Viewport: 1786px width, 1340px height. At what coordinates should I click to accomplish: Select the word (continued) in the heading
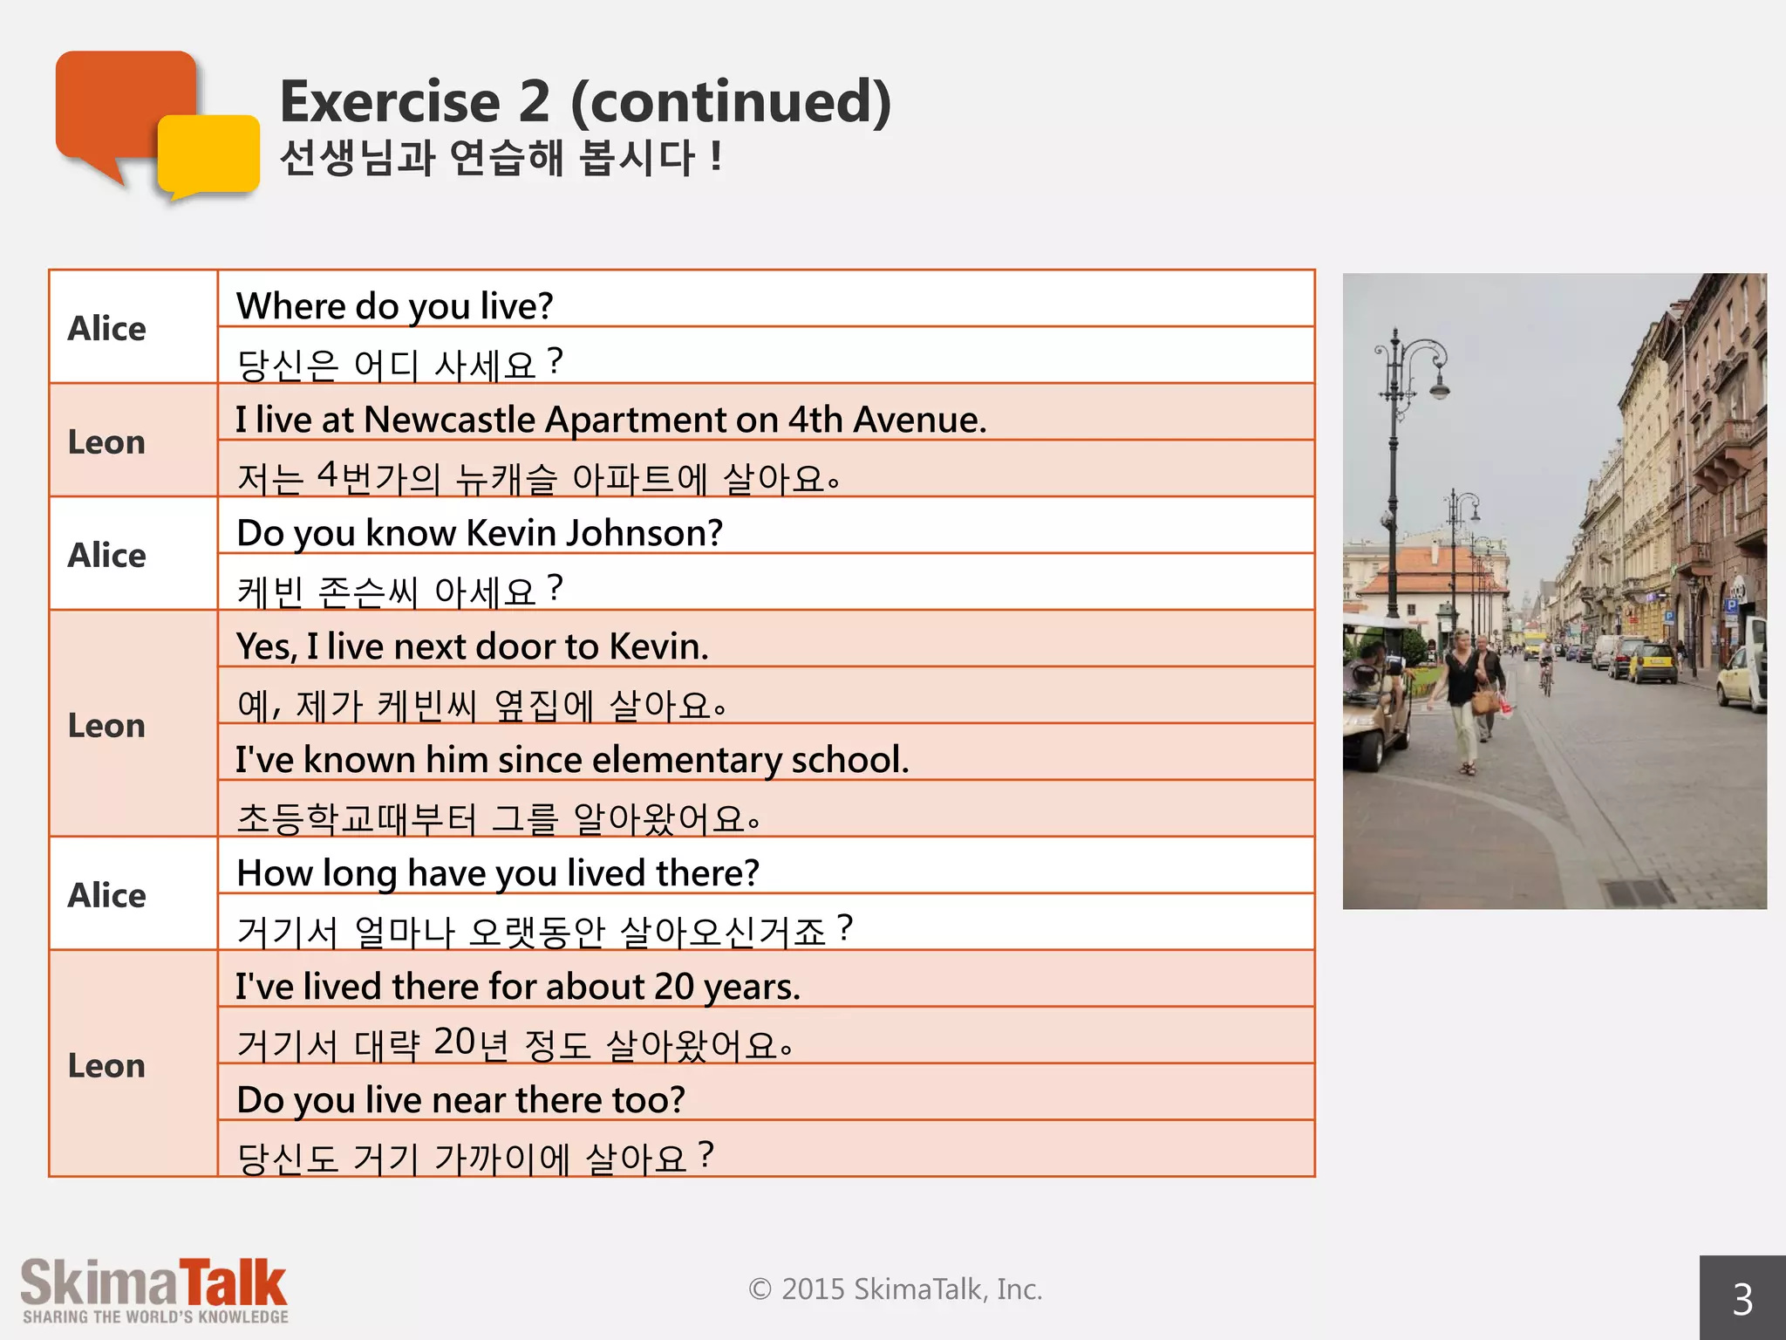point(731,102)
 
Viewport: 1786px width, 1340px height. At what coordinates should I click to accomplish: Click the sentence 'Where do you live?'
point(394,306)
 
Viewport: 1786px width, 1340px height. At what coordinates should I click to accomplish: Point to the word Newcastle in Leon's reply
point(448,420)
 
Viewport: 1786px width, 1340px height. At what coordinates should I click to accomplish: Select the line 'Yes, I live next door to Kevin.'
point(472,646)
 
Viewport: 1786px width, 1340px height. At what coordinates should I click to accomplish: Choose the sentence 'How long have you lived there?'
point(498,873)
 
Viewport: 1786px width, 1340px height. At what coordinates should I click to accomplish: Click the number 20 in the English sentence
point(674,987)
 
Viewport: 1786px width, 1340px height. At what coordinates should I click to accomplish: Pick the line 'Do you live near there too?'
point(460,1100)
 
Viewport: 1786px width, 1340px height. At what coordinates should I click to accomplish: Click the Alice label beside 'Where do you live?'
point(106,328)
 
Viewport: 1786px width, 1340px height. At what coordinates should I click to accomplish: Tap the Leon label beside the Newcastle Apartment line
point(106,441)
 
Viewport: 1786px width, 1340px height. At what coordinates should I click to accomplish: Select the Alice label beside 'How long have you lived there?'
point(106,895)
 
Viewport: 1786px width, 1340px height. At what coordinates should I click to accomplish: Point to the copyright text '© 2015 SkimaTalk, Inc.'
point(895,1289)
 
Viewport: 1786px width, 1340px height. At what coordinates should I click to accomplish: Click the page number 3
point(1742,1299)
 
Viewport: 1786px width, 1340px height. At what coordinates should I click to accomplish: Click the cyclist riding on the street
point(1546,667)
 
